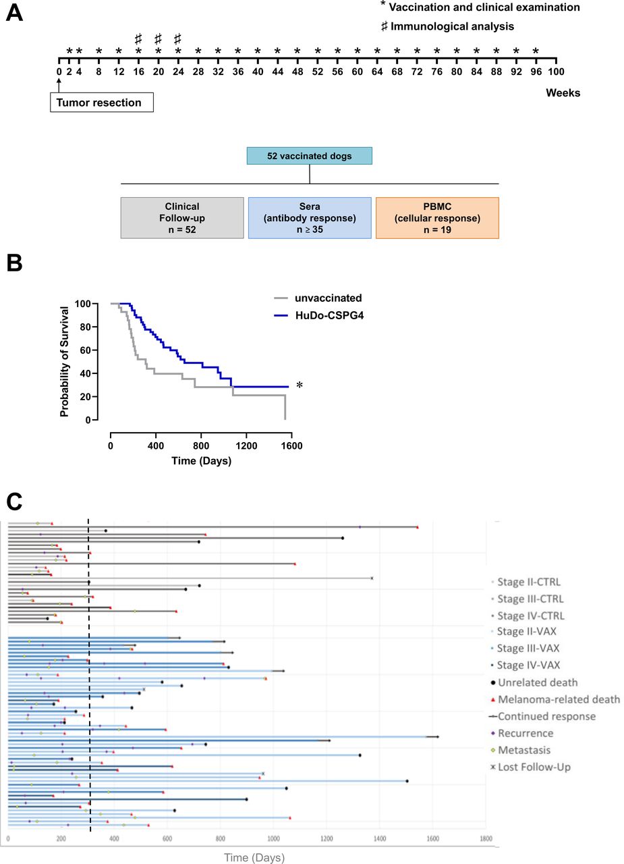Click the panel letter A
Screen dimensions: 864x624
(14, 13)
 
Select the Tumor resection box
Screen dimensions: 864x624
(101, 103)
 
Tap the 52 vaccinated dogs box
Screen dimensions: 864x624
(309, 157)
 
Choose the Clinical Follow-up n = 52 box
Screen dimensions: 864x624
(182, 218)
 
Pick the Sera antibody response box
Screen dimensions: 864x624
(310, 218)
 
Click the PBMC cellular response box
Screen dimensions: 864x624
(437, 218)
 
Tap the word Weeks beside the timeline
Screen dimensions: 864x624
(563, 92)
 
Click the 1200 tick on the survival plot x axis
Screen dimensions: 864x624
(246, 446)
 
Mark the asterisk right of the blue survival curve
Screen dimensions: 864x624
(300, 386)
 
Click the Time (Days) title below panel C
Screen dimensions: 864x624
(254, 857)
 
